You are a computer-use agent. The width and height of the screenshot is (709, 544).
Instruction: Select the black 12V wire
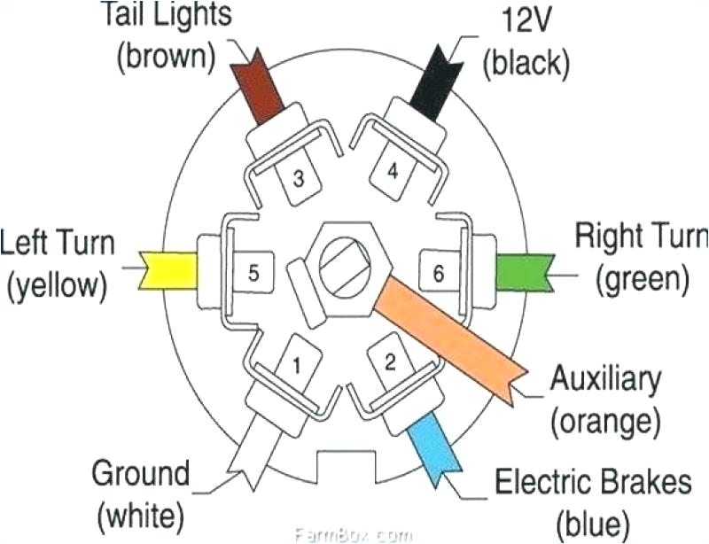point(437,85)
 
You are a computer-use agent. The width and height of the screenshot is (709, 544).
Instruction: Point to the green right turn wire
point(522,271)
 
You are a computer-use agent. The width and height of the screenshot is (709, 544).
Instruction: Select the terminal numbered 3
point(299,179)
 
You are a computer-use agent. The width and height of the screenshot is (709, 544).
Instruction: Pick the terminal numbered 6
point(436,273)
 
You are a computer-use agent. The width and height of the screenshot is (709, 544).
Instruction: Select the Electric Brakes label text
point(592,483)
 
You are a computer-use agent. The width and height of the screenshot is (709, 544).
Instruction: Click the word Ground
point(143,473)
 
